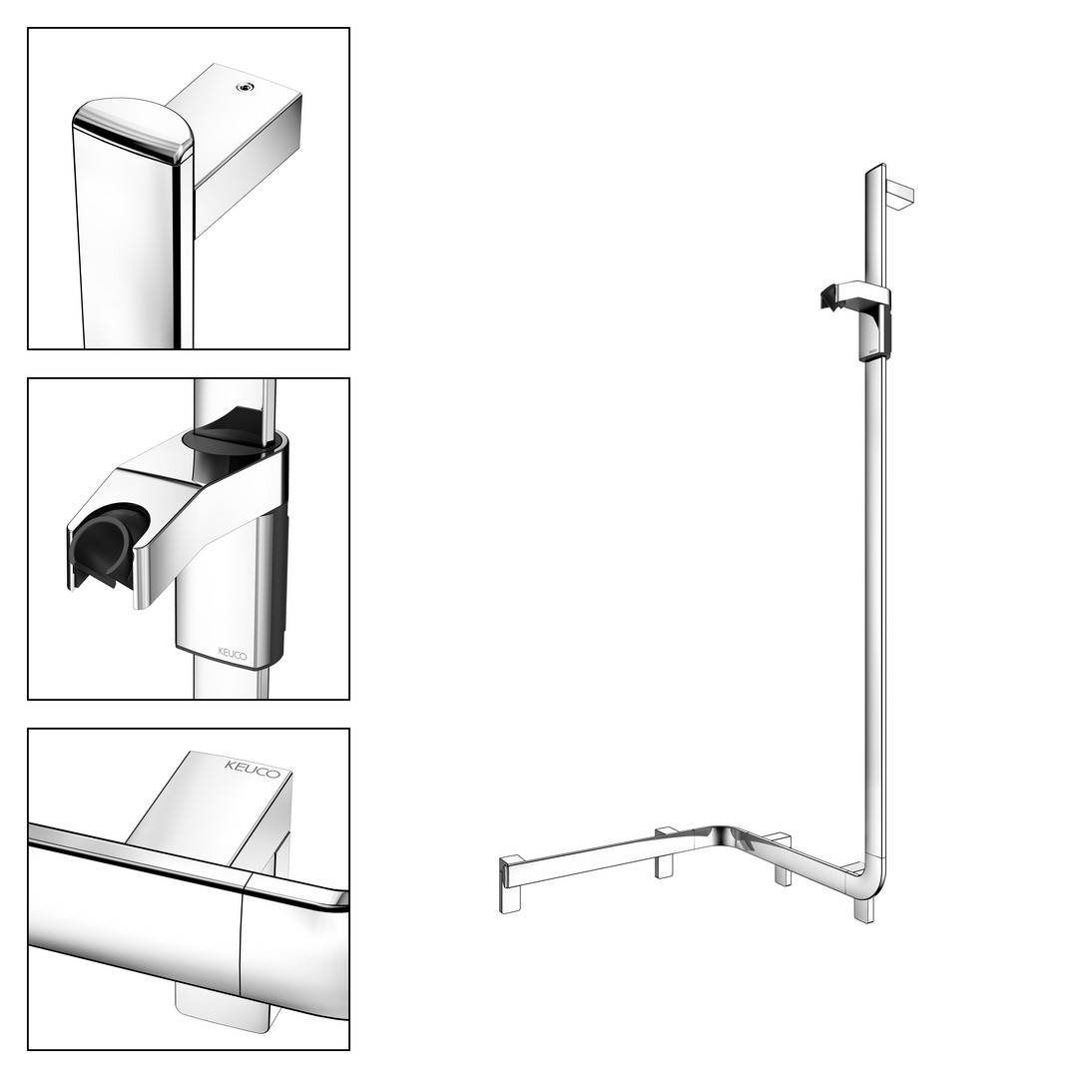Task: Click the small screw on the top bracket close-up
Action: tap(244, 87)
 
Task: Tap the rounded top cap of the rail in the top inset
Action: tap(133, 129)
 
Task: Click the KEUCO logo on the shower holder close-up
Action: tap(233, 653)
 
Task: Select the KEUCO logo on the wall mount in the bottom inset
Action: tap(253, 769)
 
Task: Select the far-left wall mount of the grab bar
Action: tap(511, 884)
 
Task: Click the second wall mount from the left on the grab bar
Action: tap(664, 852)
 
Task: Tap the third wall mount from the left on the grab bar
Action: tap(783, 859)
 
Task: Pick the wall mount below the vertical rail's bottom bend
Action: tap(862, 905)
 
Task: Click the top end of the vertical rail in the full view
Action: tap(875, 168)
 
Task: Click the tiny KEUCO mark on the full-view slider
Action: tap(871, 350)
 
